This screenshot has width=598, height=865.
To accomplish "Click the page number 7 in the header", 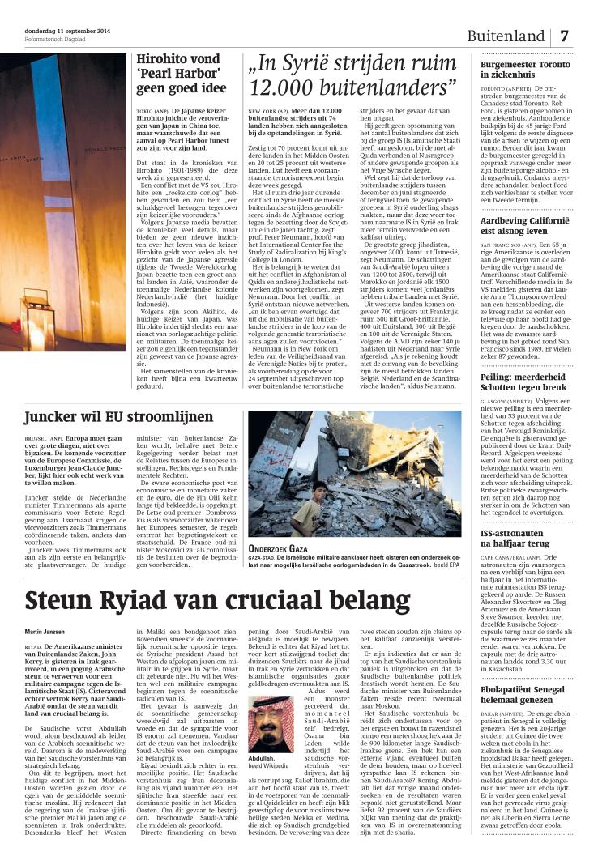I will [x=565, y=36].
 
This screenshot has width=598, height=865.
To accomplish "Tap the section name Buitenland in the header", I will [x=505, y=37].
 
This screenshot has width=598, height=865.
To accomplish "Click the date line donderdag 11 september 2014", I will [x=67, y=32].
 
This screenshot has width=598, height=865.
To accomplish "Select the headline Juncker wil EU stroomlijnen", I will [x=119, y=417].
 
